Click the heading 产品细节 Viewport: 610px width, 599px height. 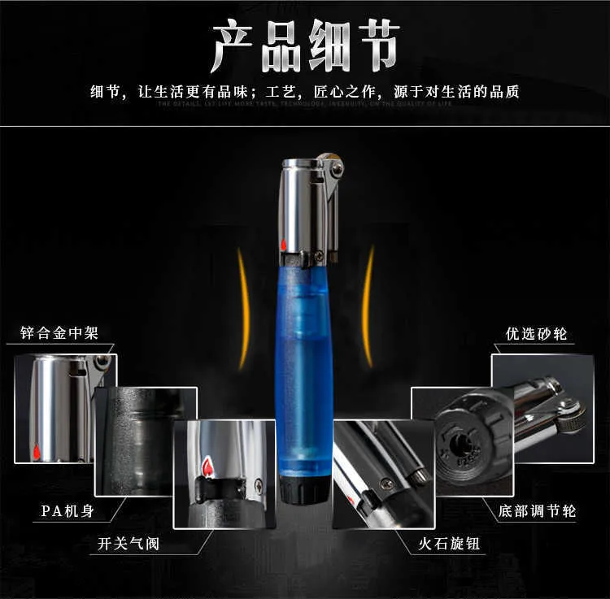[x=305, y=47]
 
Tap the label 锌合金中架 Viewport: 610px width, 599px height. [x=63, y=333]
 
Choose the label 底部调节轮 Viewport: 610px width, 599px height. [x=537, y=511]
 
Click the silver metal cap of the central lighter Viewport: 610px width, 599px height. [x=303, y=203]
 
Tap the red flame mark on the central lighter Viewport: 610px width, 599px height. [x=284, y=245]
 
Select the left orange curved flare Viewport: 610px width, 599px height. [x=242, y=309]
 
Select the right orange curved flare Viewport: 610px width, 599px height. [x=368, y=309]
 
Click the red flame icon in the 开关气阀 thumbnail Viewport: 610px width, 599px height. [x=207, y=468]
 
